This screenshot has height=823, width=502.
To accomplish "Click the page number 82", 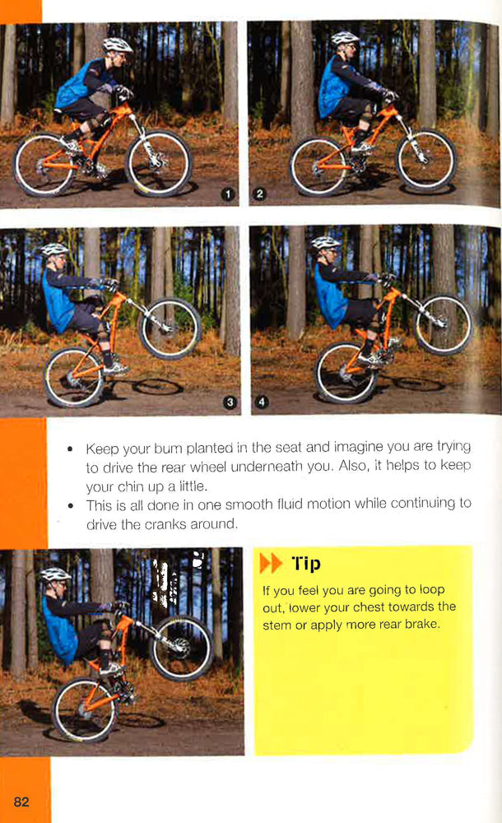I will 21,801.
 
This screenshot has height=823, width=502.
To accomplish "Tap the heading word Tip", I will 304,564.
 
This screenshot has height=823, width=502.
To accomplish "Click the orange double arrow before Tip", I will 270,564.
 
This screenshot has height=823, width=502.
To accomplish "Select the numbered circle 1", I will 231,194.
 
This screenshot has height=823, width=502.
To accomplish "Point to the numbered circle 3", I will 230,402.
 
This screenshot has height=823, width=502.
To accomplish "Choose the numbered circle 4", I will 262,402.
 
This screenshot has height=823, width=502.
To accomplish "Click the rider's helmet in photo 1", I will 118,44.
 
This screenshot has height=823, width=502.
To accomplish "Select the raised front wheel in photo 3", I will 170,328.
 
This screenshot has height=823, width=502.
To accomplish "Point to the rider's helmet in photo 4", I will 326,243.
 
